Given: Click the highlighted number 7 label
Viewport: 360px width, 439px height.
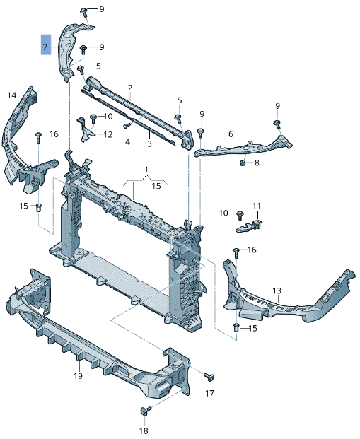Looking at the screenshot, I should click(x=45, y=47).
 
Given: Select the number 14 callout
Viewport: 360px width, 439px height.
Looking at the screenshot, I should click(x=11, y=95).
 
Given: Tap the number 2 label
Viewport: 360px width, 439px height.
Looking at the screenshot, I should click(x=130, y=88).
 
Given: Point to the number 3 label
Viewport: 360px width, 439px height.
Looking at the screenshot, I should click(x=149, y=144).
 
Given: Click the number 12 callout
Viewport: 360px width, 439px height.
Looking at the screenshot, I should click(x=108, y=134).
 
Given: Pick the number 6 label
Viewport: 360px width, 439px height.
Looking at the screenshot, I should click(x=231, y=134).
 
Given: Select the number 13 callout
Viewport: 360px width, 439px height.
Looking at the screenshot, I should click(x=277, y=291).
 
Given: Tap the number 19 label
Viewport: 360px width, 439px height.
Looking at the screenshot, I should click(x=79, y=376).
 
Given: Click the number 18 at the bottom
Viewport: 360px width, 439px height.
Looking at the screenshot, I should click(x=144, y=431).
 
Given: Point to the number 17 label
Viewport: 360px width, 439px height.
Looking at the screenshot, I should click(x=209, y=393).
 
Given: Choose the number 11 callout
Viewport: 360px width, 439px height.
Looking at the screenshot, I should click(x=257, y=206).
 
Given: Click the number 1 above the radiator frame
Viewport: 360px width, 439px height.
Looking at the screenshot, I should click(x=146, y=170).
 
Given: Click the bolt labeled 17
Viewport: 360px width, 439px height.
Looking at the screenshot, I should click(x=209, y=376).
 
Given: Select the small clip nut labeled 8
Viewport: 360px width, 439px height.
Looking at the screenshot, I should click(x=243, y=163).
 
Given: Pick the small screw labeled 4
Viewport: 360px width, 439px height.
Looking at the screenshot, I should click(x=127, y=127).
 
